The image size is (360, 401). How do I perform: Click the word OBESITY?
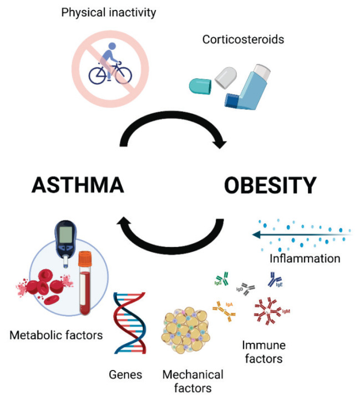pos(270,184)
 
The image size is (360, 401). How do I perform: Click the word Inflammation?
pos(305,258)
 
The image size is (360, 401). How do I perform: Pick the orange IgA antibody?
pos(225,310)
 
